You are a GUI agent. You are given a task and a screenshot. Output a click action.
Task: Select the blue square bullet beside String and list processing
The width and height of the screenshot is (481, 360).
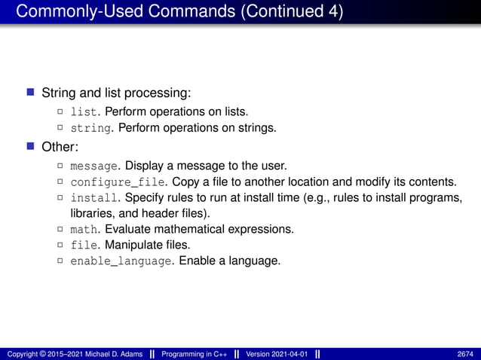click(31, 93)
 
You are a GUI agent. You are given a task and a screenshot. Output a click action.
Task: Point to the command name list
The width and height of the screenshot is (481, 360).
click(82, 111)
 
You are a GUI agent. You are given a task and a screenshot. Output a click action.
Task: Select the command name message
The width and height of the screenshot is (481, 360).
click(94, 165)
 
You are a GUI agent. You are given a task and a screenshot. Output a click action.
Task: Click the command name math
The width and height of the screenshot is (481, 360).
click(82, 229)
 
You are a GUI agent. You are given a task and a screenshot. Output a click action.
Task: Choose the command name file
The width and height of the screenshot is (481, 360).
click(82, 246)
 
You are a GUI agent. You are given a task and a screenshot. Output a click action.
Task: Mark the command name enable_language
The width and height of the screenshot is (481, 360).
click(121, 262)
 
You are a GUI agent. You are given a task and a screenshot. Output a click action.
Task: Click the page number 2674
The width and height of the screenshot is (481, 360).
click(465, 354)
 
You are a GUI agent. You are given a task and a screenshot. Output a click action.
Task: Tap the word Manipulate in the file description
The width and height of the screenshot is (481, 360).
click(129, 246)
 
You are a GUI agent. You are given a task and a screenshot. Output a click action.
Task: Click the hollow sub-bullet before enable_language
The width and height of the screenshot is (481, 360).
click(61, 262)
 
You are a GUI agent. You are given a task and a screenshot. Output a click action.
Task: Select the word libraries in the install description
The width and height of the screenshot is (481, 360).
click(81, 213)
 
